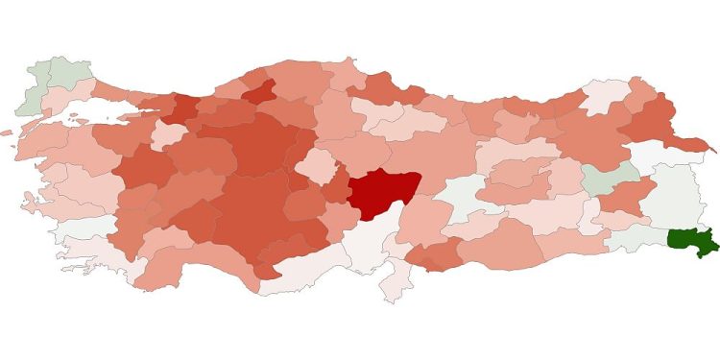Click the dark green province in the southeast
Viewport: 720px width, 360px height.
(691, 243)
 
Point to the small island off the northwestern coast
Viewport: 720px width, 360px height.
(7, 133)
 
